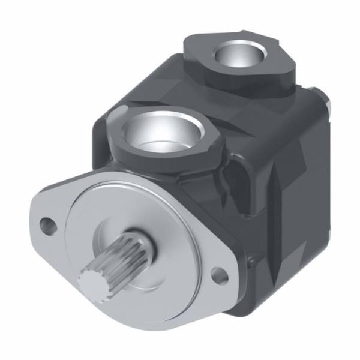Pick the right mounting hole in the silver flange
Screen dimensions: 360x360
tap(220, 276)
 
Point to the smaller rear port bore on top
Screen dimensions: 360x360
tap(238, 55)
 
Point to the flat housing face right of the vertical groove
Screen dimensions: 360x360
tap(306, 180)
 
